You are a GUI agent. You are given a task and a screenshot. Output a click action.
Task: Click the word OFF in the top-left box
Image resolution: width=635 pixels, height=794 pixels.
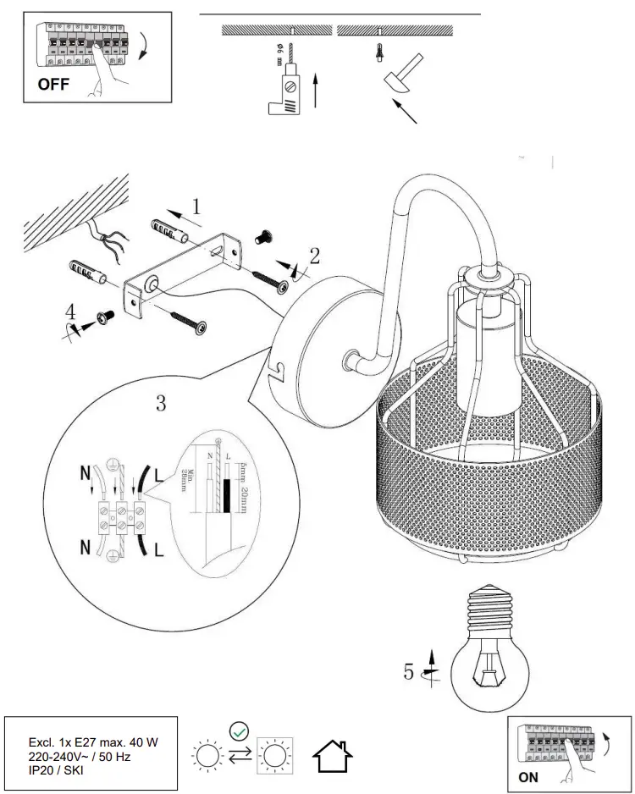52,85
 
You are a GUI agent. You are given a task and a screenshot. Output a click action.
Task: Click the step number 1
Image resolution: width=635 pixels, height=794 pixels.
196,206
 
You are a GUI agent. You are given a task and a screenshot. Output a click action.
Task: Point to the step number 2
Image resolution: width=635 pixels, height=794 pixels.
314,255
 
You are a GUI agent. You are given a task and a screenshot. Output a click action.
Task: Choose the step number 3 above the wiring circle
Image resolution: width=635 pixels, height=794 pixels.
160,402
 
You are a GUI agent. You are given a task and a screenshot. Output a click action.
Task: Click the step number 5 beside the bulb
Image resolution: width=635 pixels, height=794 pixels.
409,672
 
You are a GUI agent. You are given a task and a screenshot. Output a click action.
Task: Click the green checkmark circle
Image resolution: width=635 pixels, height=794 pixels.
239,728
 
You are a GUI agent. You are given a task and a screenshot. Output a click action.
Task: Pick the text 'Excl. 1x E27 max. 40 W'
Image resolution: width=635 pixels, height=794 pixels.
92,742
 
